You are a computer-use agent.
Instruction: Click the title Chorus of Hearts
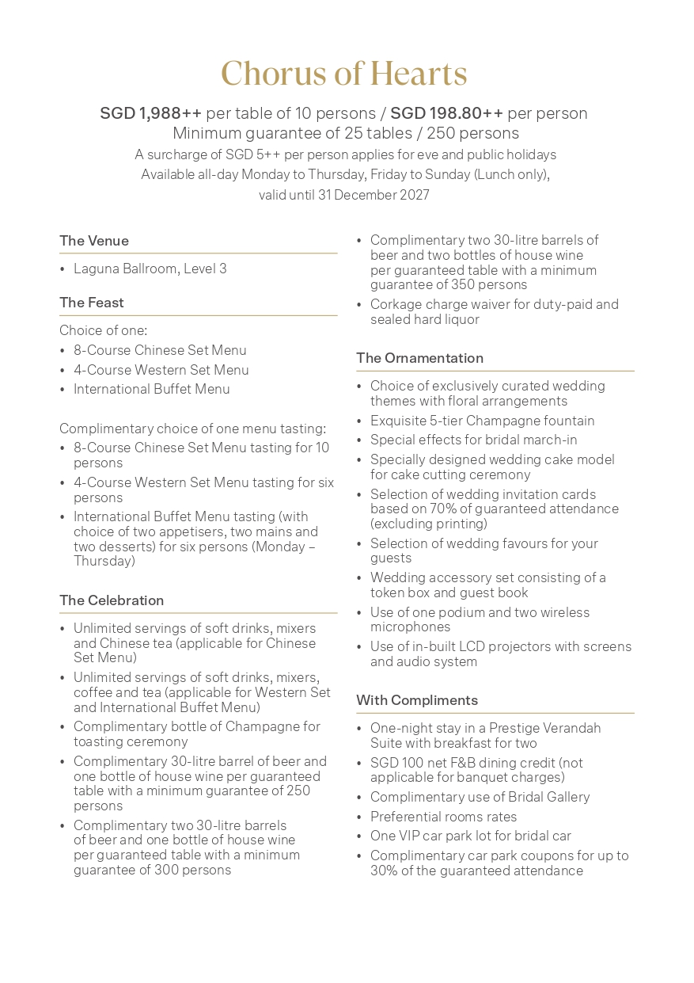click(344, 74)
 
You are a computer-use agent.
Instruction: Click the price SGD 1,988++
click(150, 113)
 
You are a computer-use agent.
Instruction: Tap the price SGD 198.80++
click(446, 113)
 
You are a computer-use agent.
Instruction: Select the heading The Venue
click(94, 241)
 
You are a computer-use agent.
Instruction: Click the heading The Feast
click(92, 303)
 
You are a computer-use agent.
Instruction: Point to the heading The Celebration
click(112, 600)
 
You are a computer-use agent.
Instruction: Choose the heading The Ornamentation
click(419, 358)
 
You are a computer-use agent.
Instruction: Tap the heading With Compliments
click(417, 700)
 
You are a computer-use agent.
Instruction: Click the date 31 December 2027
click(374, 195)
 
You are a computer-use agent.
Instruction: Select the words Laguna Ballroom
click(125, 269)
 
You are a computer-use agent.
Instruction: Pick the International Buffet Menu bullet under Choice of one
click(152, 390)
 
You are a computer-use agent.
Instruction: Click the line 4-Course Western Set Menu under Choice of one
click(161, 370)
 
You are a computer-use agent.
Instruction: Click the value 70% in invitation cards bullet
click(438, 509)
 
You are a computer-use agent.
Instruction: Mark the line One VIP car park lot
click(470, 836)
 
